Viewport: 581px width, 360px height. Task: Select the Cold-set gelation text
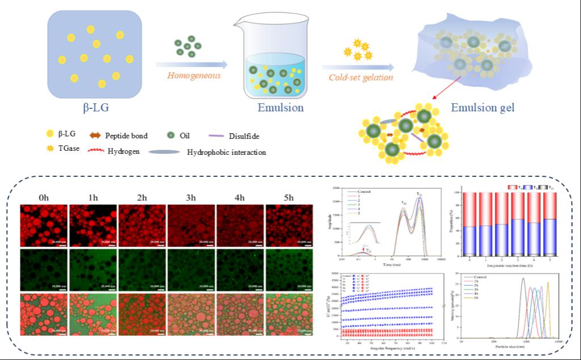click(361, 78)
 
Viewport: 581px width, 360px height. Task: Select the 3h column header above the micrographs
click(190, 197)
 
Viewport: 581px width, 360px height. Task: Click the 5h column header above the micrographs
click(288, 197)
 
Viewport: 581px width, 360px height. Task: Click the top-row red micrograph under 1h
click(92, 225)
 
